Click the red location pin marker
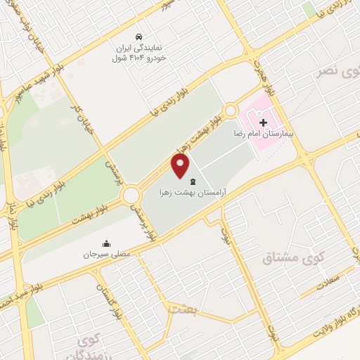tap(181, 166)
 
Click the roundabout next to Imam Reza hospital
tap(231, 110)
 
